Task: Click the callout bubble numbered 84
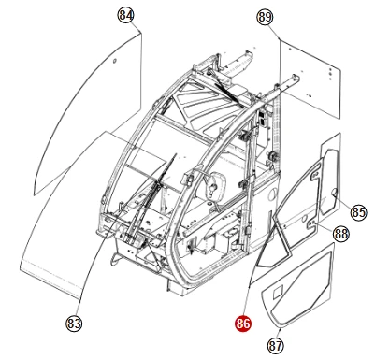point(125,15)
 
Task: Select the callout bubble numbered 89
point(265,17)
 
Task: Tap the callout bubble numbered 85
point(358,212)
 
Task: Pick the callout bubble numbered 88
point(341,233)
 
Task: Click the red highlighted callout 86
point(243,324)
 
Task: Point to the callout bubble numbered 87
point(276,346)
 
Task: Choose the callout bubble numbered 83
point(74,324)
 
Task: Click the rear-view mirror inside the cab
point(214,186)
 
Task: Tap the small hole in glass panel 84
point(114,60)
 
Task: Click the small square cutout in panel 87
point(278,293)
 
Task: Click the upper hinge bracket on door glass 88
point(315,175)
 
